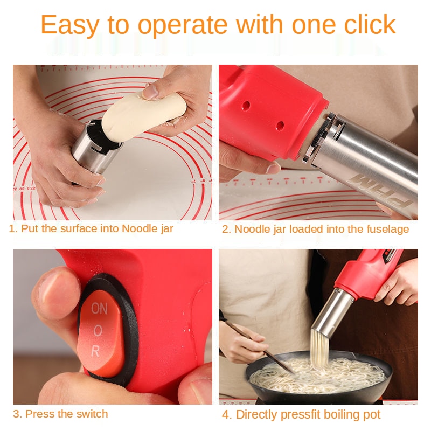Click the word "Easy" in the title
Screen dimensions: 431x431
click(70, 25)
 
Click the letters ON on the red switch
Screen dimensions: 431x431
click(99, 308)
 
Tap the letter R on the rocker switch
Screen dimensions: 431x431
click(95, 351)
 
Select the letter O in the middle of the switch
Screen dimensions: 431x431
click(98, 331)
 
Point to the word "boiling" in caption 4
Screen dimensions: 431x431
click(323, 415)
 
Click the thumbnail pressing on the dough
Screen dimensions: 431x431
click(150, 92)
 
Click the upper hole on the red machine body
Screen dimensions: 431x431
click(246, 105)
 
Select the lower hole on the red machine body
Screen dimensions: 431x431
click(280, 126)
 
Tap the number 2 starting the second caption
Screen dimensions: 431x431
click(225, 230)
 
